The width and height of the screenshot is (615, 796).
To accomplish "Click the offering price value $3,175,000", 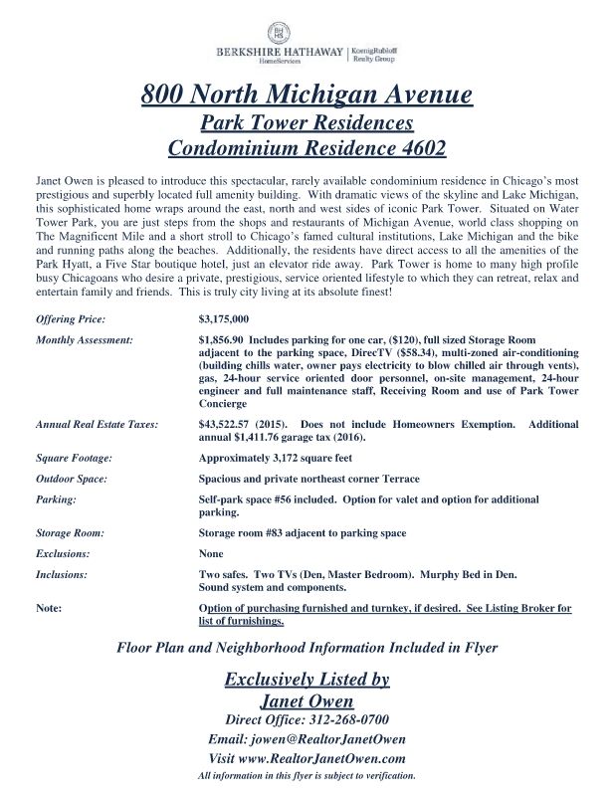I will point(224,319).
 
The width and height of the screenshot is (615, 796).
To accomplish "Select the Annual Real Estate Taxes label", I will point(97,425).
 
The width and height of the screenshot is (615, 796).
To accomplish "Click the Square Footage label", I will point(73,459).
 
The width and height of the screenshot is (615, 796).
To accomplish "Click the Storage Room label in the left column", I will point(71,533).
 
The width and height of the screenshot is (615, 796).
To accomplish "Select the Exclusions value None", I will point(211,553).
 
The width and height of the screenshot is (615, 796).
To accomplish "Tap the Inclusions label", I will point(61,574).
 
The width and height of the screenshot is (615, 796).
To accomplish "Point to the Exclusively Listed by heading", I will point(307,681).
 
